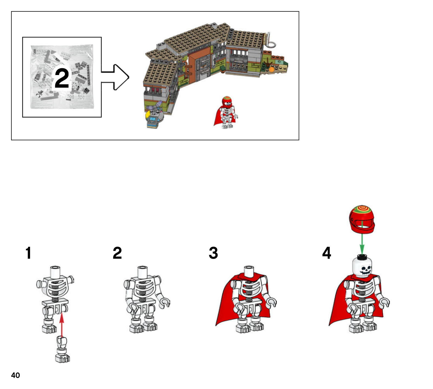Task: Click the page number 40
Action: tap(15, 375)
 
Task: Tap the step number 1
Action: tap(28, 253)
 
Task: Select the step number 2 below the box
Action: tap(117, 253)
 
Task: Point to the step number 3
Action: tap(213, 253)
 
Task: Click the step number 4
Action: tap(327, 253)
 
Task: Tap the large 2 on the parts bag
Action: tap(62, 78)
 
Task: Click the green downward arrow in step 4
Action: tap(362, 241)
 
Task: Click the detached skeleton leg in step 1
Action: tap(62, 349)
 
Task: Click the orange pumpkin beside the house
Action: tap(271, 69)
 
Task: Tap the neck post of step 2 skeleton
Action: tap(143, 272)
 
